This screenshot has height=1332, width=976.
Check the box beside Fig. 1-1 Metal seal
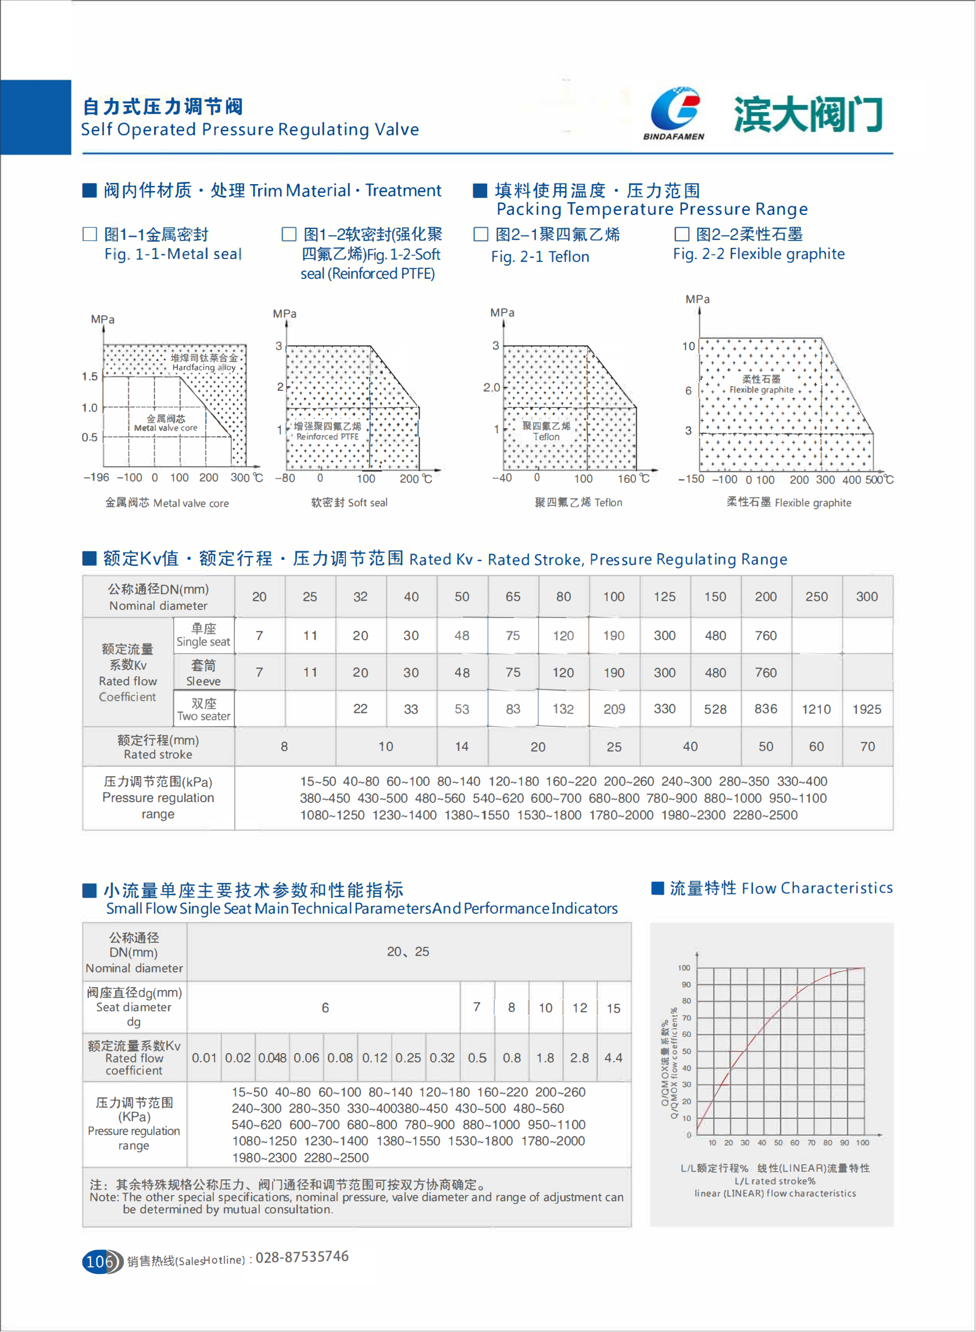point(90,235)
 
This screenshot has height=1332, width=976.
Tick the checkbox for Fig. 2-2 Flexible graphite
point(682,235)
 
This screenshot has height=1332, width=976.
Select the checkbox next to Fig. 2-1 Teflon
point(481,235)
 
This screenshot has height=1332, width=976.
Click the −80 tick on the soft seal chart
point(285,478)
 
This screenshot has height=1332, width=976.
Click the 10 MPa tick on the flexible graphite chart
point(689,346)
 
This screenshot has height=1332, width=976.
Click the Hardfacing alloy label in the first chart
point(204,367)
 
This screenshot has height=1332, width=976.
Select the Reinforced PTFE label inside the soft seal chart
point(327,437)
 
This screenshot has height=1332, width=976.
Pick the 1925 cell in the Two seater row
point(867,709)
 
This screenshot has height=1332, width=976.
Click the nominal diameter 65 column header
point(513,597)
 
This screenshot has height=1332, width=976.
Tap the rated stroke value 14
point(462,746)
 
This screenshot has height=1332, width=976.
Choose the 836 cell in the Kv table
point(766,709)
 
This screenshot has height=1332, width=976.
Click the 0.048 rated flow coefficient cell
point(273,1057)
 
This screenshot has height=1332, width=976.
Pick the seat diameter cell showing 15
point(614,1008)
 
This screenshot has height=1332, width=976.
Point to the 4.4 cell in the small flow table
point(613,1057)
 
